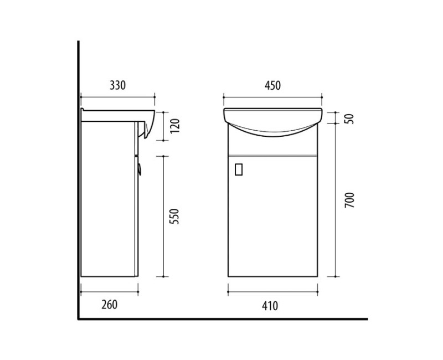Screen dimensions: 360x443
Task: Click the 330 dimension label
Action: pos(118,85)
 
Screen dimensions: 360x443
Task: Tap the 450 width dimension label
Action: pos(273,85)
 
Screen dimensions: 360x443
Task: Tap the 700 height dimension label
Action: pos(349,199)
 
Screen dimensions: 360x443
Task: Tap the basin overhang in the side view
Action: pos(146,124)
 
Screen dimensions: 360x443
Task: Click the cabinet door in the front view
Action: pos(272,216)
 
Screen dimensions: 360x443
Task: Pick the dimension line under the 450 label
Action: pos(273,99)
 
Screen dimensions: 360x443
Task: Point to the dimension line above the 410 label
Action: pos(273,290)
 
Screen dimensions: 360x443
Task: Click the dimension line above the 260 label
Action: pos(109,290)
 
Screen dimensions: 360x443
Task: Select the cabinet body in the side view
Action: pos(108,199)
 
